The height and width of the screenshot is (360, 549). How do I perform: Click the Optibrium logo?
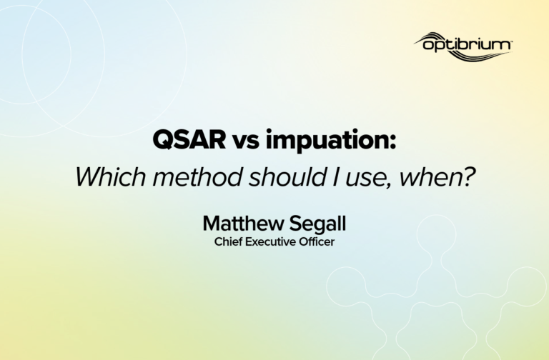pos(463,46)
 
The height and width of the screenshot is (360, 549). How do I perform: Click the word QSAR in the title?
pos(189,139)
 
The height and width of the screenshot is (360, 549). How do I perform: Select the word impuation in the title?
pos(326,140)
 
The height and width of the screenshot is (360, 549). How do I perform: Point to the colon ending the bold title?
pos(392,142)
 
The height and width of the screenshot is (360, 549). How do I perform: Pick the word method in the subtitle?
pos(198,176)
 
